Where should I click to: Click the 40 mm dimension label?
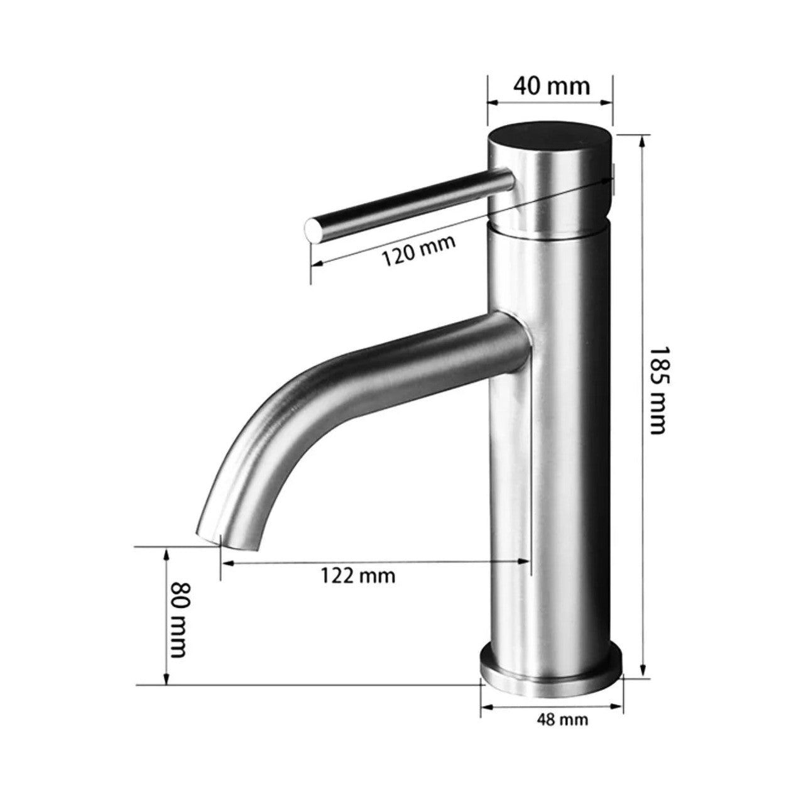552,87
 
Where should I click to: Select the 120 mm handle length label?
418,251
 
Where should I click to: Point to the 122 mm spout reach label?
358,575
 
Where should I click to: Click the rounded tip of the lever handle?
313,232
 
